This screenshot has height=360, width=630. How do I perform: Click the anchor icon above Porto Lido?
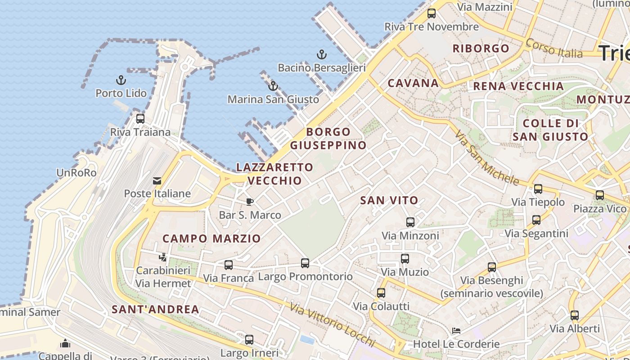(x=121, y=80)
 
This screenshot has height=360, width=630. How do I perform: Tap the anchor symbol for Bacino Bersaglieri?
(x=321, y=55)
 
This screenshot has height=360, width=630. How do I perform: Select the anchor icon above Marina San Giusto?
(x=273, y=86)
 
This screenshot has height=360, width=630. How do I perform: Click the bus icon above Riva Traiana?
(x=140, y=119)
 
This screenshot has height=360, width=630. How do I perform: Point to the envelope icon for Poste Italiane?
(x=157, y=181)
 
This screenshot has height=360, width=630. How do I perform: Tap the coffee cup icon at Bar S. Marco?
(x=249, y=202)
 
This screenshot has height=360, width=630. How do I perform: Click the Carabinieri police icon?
(x=163, y=257)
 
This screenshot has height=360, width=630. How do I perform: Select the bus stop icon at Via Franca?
(x=229, y=265)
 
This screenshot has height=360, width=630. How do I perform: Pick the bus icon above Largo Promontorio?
(x=305, y=263)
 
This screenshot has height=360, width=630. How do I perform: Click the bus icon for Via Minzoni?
(x=410, y=222)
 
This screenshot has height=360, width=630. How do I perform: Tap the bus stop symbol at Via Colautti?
(x=381, y=293)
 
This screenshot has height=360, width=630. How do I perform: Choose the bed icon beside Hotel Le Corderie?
(x=456, y=331)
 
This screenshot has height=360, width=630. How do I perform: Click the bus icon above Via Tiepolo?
(x=538, y=189)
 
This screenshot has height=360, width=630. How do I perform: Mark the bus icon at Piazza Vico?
(x=599, y=195)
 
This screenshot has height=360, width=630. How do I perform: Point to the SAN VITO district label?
(x=389, y=201)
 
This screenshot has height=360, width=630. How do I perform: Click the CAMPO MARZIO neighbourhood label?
(x=211, y=238)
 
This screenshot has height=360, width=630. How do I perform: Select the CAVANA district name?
(x=413, y=83)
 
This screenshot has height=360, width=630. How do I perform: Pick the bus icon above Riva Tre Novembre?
(x=432, y=13)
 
